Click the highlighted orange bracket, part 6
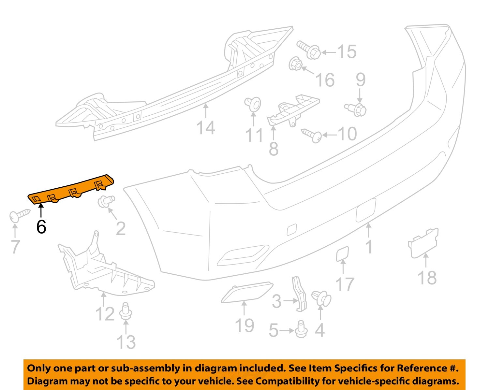pyautogui.click(x=72, y=190)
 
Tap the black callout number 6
pyautogui.click(x=41, y=227)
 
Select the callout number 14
pyautogui.click(x=206, y=127)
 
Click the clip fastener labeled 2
pyautogui.click(x=106, y=201)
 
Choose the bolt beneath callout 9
pyautogui.click(x=356, y=109)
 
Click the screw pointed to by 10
pyautogui.click(x=312, y=135)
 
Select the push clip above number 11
pyautogui.click(x=253, y=103)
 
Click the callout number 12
pyautogui.click(x=105, y=314)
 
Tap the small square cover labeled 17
pyautogui.click(x=342, y=254)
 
